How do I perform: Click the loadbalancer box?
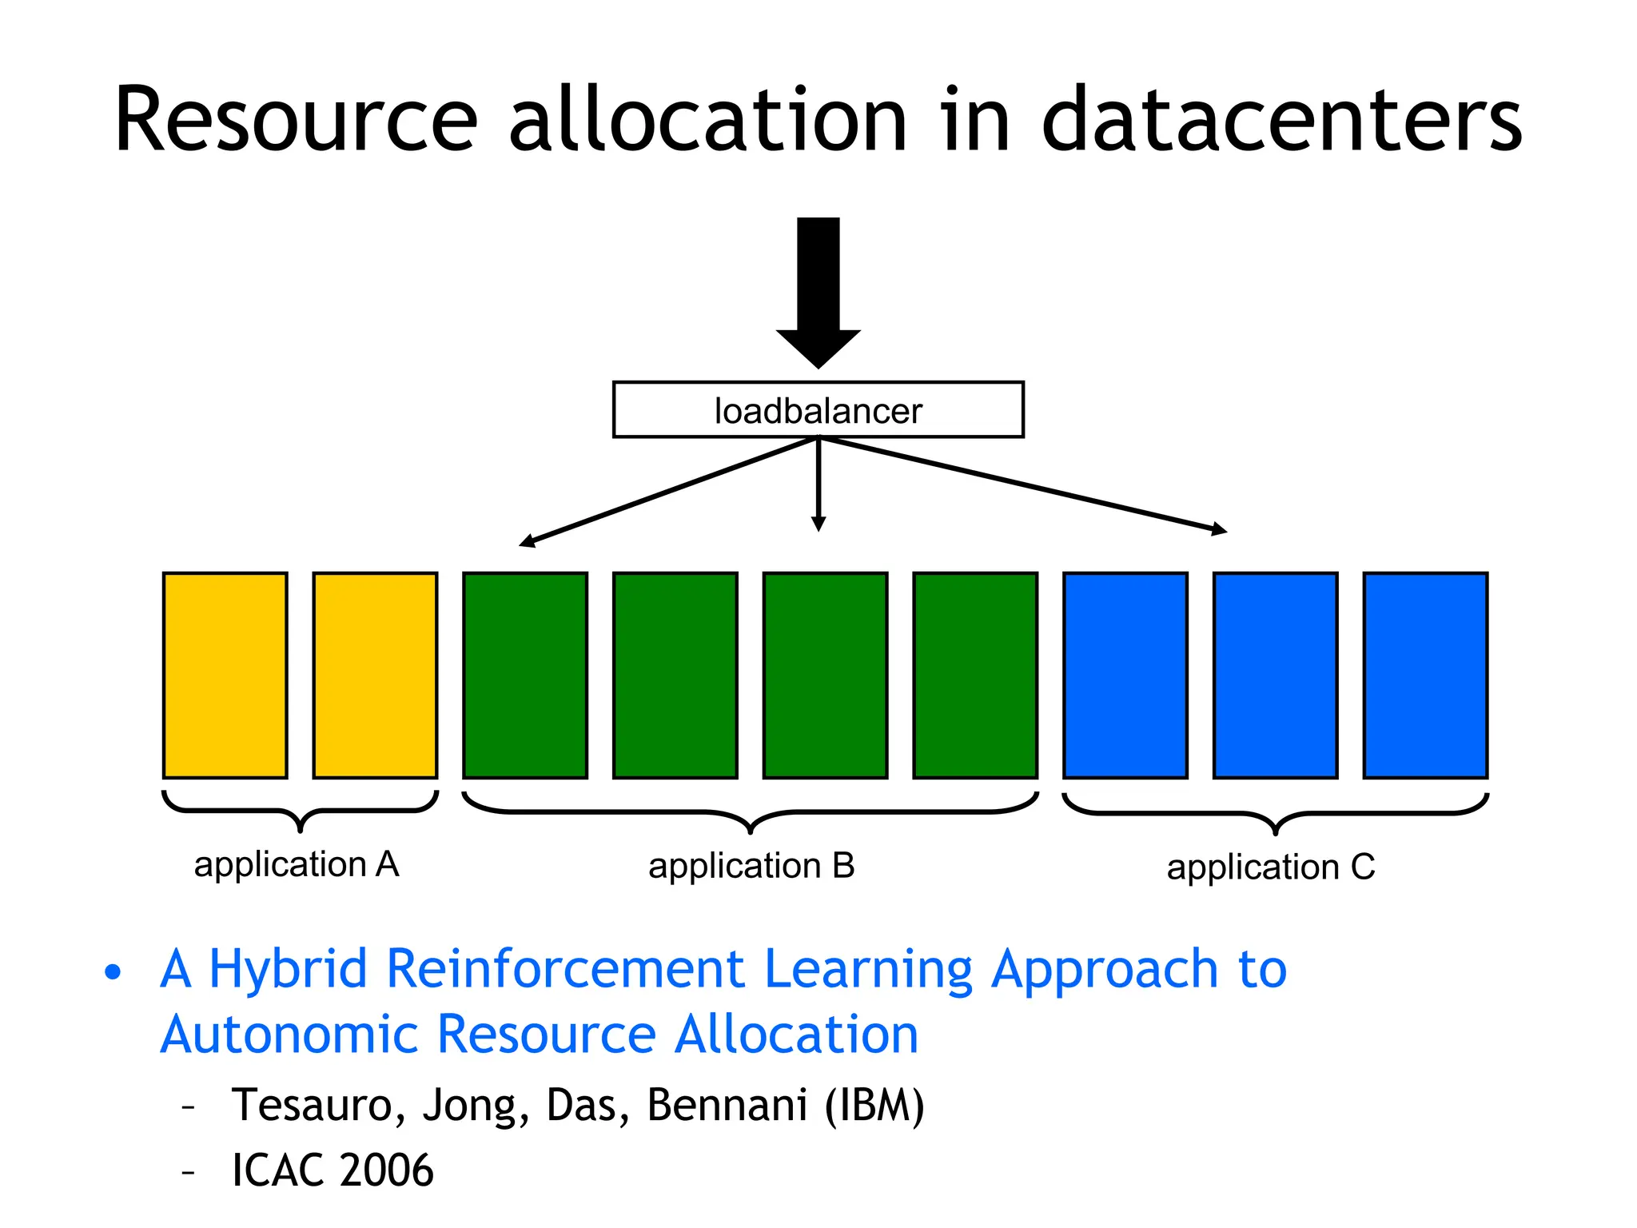point(818,410)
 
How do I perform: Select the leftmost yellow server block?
point(225,675)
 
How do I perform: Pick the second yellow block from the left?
point(375,675)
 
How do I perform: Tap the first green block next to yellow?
point(525,675)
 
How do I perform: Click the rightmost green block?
point(975,675)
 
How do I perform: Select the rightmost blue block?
point(1425,675)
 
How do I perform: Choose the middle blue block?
point(1275,675)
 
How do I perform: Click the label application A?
point(297,865)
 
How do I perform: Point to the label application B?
point(751,867)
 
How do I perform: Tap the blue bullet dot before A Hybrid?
point(114,972)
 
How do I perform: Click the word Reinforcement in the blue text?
point(565,969)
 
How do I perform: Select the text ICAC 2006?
point(333,1170)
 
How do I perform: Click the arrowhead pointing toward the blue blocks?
point(1219,529)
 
